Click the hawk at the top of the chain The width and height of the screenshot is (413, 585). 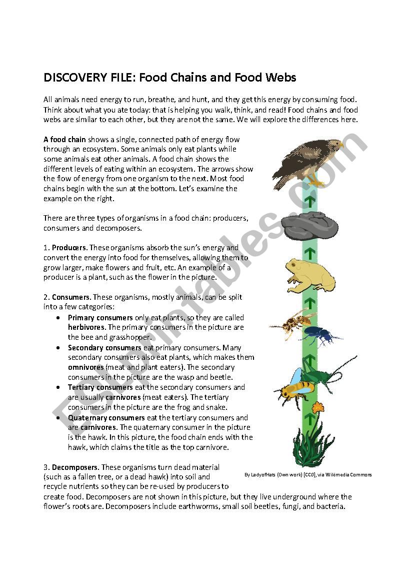[306, 161]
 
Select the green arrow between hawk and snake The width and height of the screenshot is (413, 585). [310, 201]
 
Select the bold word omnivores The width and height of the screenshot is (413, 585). [85, 367]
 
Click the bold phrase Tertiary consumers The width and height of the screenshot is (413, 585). [100, 387]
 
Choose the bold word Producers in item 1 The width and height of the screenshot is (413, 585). [69, 248]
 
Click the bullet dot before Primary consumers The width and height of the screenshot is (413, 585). [59, 318]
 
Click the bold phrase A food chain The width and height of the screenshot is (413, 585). [64, 139]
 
